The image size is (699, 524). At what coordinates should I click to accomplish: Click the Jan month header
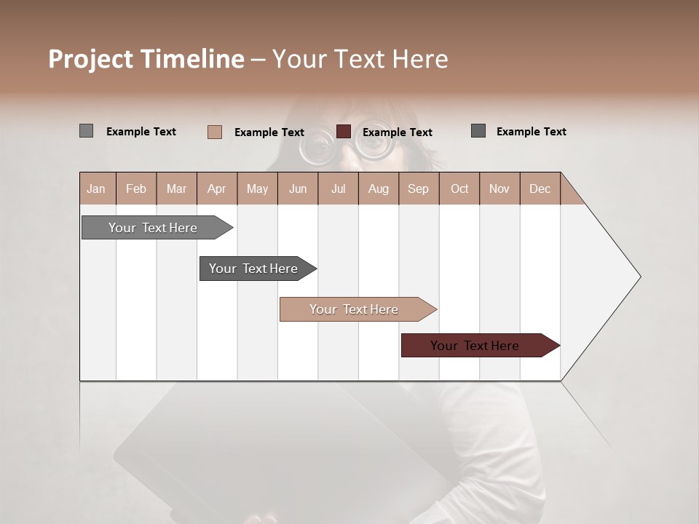coord(96,188)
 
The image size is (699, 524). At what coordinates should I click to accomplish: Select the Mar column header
coord(176,188)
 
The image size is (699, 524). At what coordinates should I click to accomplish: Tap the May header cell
coord(257,188)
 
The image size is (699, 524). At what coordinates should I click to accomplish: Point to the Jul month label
coord(338,188)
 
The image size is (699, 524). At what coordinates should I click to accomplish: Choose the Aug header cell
coord(378,188)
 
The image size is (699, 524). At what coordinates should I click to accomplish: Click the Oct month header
coord(459,188)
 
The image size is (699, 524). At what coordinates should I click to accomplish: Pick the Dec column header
coord(540,188)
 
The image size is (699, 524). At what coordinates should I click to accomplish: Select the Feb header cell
coord(136,188)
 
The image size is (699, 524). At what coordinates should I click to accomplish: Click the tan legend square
coord(215,132)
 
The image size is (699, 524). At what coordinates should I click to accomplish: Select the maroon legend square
coord(344,132)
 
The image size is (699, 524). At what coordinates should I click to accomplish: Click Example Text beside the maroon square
coord(397,132)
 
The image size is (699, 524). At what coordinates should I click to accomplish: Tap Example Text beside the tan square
coord(269,132)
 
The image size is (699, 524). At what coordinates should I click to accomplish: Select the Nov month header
coord(499,188)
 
